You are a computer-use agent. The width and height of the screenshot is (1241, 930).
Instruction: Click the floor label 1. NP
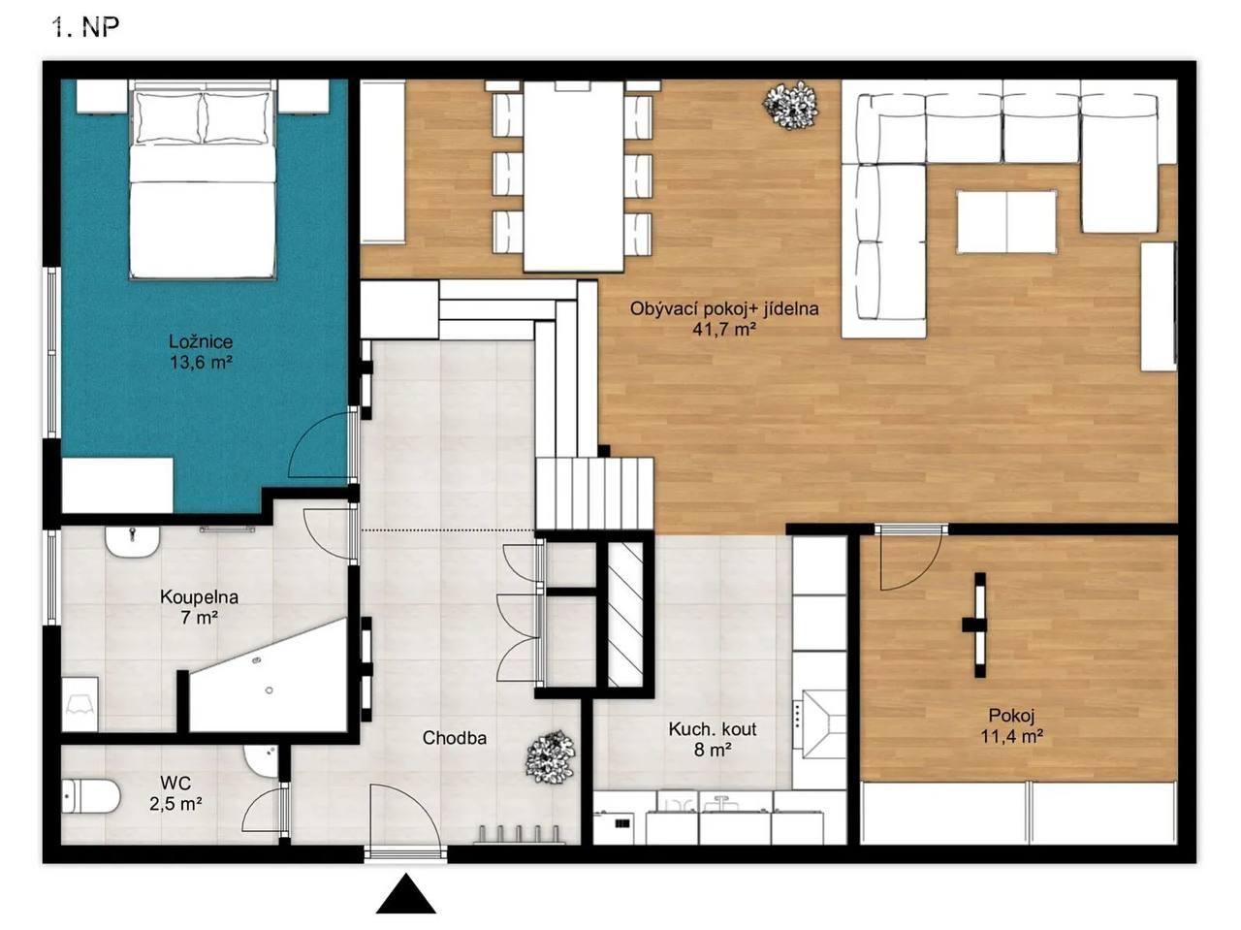pos(86,26)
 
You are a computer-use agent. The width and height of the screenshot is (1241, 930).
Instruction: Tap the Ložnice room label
pos(201,341)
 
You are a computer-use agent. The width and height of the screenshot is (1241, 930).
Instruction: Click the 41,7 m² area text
pos(724,330)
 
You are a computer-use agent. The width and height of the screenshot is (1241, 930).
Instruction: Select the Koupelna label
pos(199,597)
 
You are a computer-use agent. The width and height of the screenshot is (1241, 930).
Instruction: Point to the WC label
pos(175,783)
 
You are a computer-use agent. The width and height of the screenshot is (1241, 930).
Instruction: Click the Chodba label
pos(455,738)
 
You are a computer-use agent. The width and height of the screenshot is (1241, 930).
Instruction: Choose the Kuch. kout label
pos(713,729)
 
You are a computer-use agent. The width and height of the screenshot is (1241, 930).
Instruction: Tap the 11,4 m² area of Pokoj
pos(1011,737)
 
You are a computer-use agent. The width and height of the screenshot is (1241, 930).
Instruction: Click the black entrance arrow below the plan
pos(406,894)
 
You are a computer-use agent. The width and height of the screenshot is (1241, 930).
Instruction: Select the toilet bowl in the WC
pos(90,796)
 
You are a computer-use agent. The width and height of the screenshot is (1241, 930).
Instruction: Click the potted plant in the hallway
pos(550,757)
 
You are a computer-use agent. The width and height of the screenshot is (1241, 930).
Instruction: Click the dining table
pos(574,176)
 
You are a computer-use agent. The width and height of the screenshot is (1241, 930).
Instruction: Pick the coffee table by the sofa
pos(1006,222)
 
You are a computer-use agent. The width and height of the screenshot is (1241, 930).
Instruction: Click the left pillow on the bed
pos(169,117)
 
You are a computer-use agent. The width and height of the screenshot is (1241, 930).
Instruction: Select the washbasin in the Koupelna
pos(132,543)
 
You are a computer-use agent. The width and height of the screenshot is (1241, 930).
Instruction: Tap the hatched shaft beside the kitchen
pos(624,614)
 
